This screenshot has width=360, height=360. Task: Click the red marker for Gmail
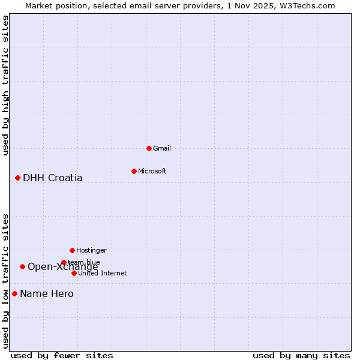[x=149, y=148]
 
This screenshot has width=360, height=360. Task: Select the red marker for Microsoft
[x=134, y=171]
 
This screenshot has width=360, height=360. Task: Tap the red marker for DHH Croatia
[x=17, y=178]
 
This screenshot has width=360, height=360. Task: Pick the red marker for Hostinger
[x=72, y=250]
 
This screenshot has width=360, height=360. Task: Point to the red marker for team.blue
[x=64, y=262]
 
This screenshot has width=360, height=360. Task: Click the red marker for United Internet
[x=74, y=273]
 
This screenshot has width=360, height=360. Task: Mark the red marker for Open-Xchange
[x=22, y=266]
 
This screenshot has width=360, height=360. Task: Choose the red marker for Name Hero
[x=14, y=293]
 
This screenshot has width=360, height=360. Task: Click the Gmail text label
[x=162, y=148]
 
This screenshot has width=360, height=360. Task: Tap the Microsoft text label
[x=152, y=171]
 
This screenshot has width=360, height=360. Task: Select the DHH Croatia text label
[x=53, y=178]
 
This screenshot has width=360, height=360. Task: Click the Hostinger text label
[x=91, y=250]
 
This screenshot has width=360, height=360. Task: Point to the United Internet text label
[x=103, y=273]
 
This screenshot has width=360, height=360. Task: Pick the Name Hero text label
[x=47, y=293]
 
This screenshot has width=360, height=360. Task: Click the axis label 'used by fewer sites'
[x=62, y=355]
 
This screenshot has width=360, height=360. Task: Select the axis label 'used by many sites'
[x=301, y=355]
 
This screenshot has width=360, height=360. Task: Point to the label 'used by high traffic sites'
[x=6, y=85]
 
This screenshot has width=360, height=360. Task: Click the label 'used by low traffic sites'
[x=6, y=280]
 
